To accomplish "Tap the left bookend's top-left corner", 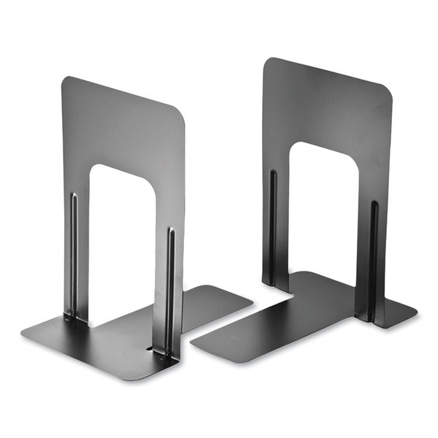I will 64,79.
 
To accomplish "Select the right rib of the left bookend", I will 170,292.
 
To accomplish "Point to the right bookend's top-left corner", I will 266,61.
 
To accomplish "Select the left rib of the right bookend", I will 273,226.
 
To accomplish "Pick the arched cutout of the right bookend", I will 323,212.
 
